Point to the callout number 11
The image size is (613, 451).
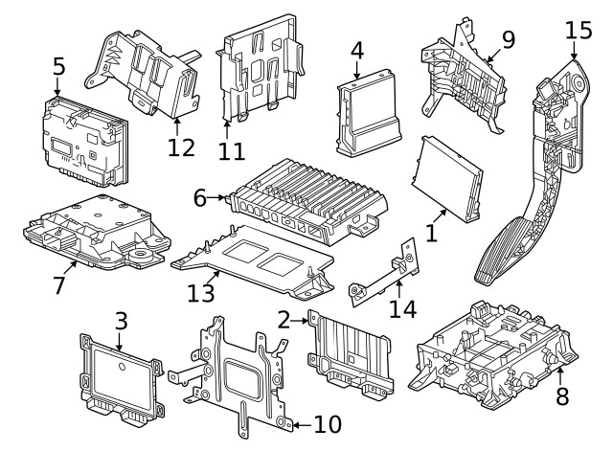tap(232, 151)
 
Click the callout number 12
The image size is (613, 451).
tap(181, 147)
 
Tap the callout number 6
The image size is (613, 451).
tap(199, 198)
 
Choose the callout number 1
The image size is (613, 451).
tap(431, 232)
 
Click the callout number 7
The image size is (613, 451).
tap(59, 283)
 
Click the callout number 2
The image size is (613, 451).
tap(284, 318)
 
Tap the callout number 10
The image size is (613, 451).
tap(322, 422)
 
